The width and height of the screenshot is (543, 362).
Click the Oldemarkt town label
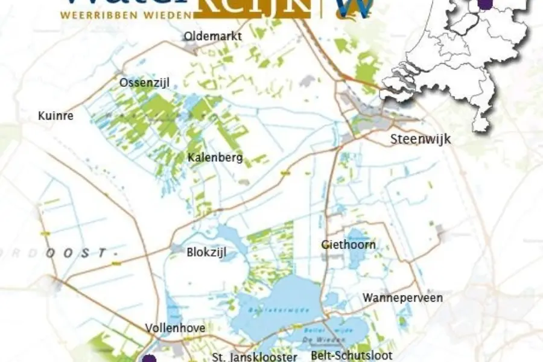click(x=213, y=36)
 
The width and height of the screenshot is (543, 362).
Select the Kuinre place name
click(x=56, y=115)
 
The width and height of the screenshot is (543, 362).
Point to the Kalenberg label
click(x=215, y=158)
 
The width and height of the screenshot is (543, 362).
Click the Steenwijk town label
click(x=421, y=139)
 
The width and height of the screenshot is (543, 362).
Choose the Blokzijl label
click(x=206, y=252)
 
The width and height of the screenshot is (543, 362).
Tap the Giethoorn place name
click(x=348, y=244)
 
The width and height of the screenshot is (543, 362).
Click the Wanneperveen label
click(x=402, y=297)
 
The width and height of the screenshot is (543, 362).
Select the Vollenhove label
click(x=175, y=328)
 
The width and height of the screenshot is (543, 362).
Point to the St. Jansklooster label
click(x=255, y=357)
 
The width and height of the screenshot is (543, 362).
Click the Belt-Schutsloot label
click(x=352, y=355)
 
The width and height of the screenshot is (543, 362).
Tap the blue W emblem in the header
click(x=354, y=8)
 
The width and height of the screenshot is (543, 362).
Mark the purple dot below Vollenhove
click(x=150, y=359)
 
